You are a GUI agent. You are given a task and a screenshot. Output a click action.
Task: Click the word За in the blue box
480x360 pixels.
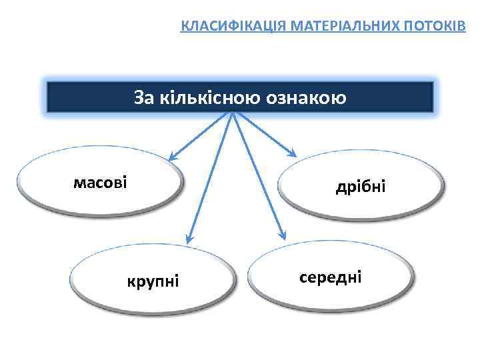(144, 98)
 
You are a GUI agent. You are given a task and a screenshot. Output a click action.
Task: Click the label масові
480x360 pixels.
(100, 182)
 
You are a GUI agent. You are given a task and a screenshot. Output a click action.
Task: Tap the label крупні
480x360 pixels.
(153, 281)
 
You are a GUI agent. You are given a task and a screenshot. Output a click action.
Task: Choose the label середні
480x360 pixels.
(331, 276)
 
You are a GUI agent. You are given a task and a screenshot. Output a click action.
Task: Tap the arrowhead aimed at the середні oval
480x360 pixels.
(283, 235)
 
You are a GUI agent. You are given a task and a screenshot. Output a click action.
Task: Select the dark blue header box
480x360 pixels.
(240, 97)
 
